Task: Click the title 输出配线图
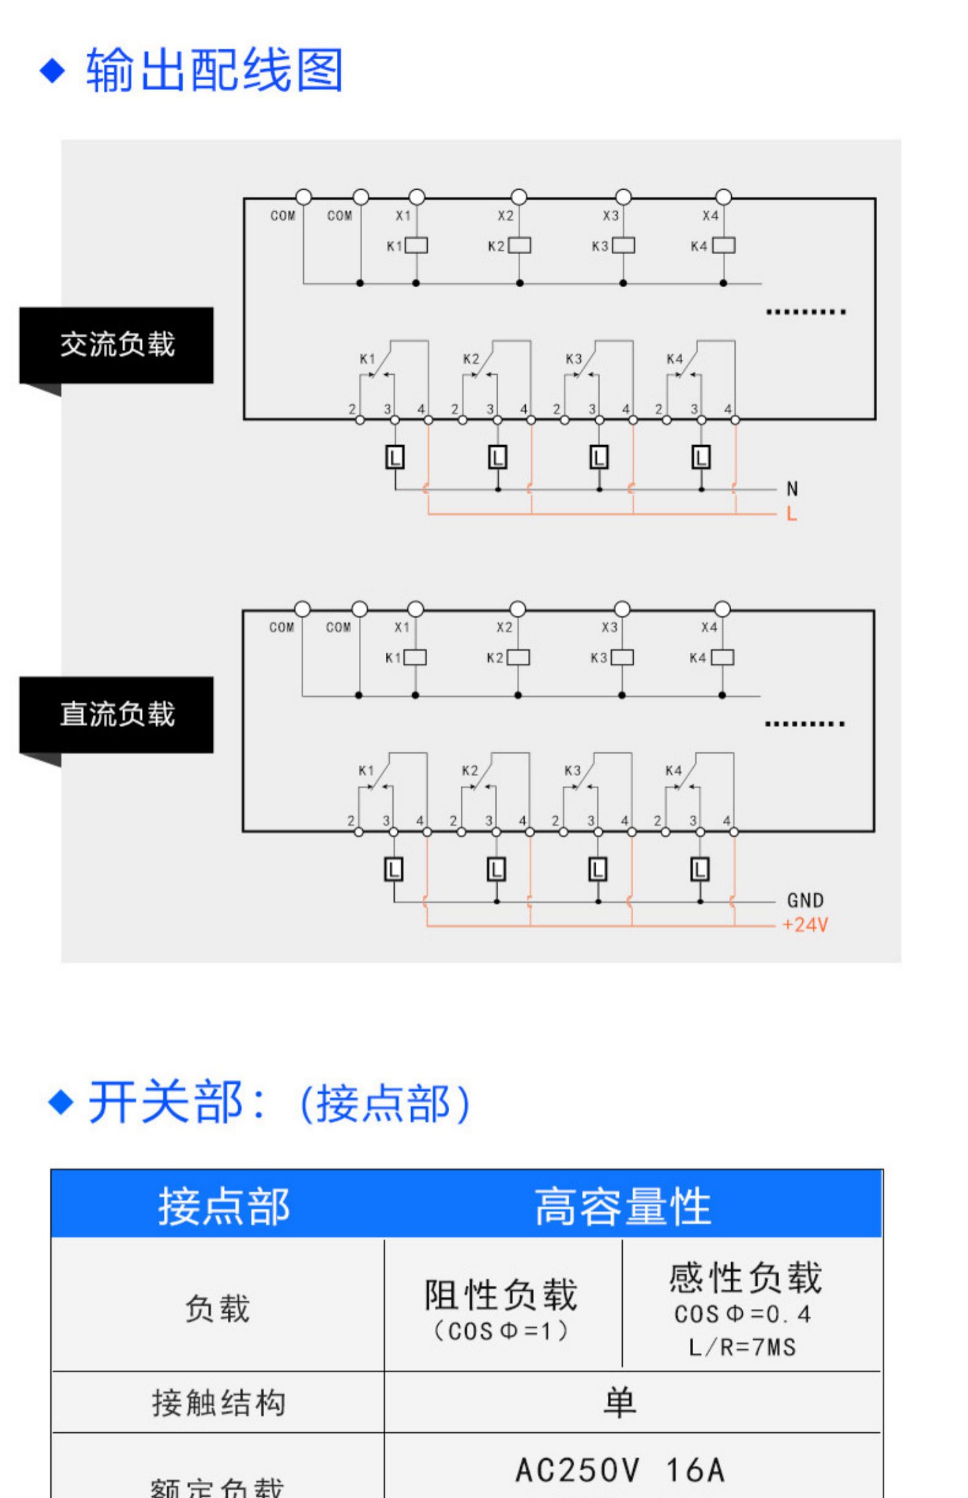pos(214,70)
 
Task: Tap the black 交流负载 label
pos(117,345)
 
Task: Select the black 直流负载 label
pos(117,714)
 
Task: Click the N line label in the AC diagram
pos(792,489)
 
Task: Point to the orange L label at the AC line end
pos(792,514)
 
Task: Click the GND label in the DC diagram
pos(805,901)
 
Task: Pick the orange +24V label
pos(805,925)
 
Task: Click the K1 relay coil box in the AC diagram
pos(417,246)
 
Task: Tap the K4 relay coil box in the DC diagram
pos(722,657)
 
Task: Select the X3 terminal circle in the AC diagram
pos(623,197)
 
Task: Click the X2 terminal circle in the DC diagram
pos(518,609)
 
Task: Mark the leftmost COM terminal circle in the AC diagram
pos(303,197)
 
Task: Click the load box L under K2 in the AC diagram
pos(498,458)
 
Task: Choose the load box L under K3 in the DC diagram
pos(598,870)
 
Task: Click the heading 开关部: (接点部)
pos(279,1102)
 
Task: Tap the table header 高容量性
pos(622,1206)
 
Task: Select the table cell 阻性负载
pos(501,1295)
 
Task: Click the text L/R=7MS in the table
pos(742,1347)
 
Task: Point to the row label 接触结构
pos(218,1403)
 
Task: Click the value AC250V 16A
pos(620,1470)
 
